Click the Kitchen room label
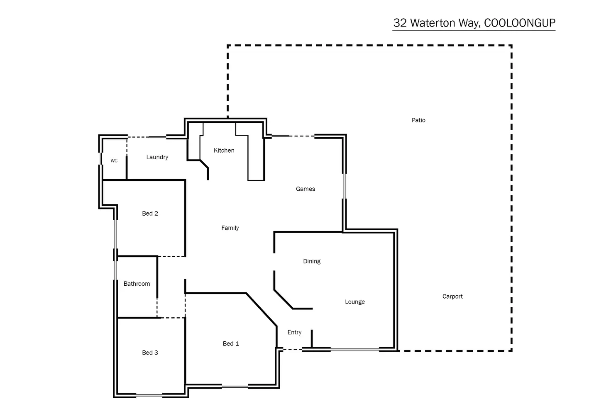tap(224, 151)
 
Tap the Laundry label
tap(157, 157)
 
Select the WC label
tap(114, 161)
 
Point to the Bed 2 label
tap(150, 214)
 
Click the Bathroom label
tap(137, 284)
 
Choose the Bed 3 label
tap(150, 353)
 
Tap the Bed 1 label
tap(231, 343)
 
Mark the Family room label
tap(230, 228)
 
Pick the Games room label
tap(305, 189)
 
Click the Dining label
tap(312, 261)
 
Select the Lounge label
tap(354, 302)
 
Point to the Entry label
tap(294, 332)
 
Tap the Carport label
tap(452, 297)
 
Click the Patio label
tap(418, 120)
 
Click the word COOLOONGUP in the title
tap(520, 23)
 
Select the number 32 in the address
tap(400, 23)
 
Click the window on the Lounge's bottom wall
tap(355, 350)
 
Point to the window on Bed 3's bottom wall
tap(149, 395)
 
